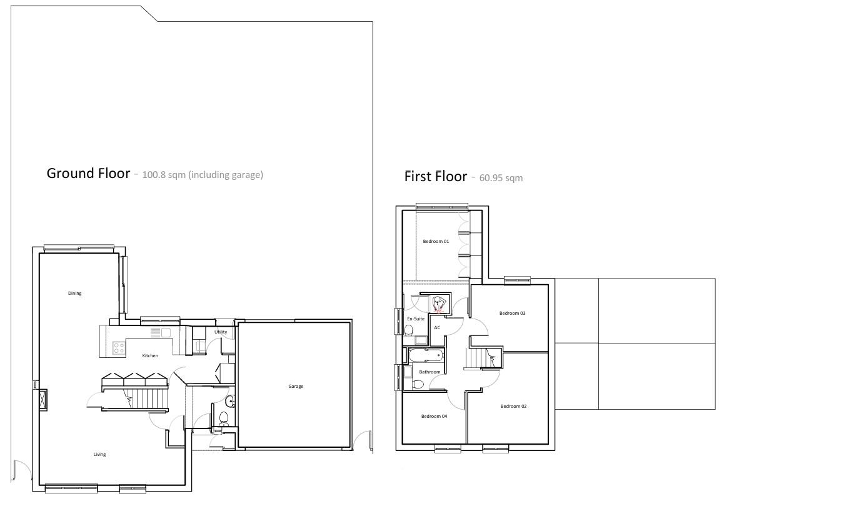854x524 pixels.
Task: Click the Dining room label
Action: tap(74, 293)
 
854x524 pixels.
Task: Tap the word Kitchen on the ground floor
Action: tap(150, 355)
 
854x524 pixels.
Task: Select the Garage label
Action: tap(296, 386)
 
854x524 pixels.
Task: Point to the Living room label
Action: tap(99, 454)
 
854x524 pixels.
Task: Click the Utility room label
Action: tap(220, 332)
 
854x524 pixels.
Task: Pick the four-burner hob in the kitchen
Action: tap(118, 348)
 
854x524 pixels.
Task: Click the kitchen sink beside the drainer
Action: tap(166, 333)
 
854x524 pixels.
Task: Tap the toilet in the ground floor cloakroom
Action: tap(223, 417)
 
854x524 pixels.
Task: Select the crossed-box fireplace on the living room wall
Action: tap(42, 399)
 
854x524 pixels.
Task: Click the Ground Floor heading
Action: tap(88, 173)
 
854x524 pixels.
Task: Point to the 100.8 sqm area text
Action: tap(203, 175)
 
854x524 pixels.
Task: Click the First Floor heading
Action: tap(435, 176)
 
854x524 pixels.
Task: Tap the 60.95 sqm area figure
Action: tap(501, 178)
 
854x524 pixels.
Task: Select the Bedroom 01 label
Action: tap(436, 241)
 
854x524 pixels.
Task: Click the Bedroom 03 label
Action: tap(512, 313)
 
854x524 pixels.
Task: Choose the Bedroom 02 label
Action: tap(513, 406)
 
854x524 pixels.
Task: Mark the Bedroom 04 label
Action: tap(434, 416)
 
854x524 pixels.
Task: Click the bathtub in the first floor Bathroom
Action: tap(426, 357)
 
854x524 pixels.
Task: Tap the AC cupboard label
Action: tap(437, 327)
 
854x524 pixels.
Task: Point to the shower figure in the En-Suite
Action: tap(439, 304)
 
